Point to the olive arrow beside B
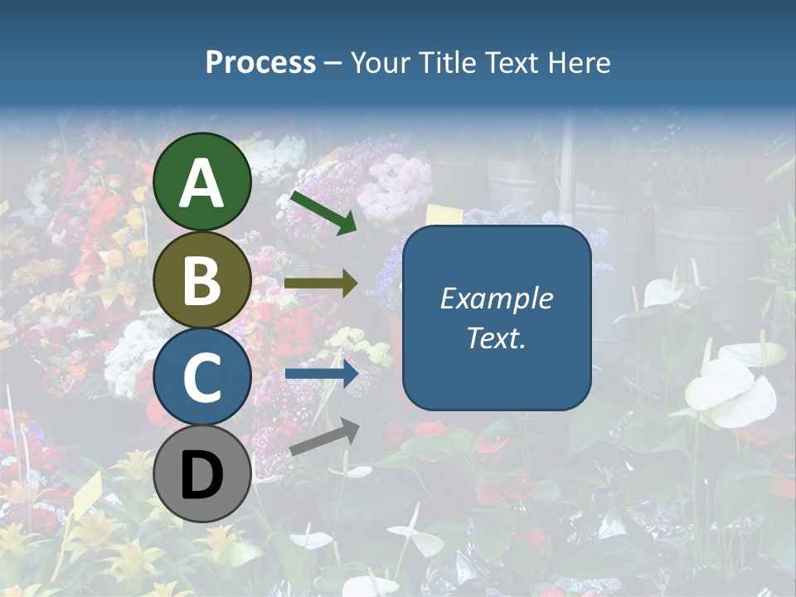pyautogui.click(x=321, y=284)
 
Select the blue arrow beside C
pyautogui.click(x=322, y=374)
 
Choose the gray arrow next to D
pyautogui.click(x=324, y=437)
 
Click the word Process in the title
pyautogui.click(x=260, y=62)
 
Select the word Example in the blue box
pyautogui.click(x=496, y=298)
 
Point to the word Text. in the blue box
pyautogui.click(x=496, y=338)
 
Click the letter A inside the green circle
pyautogui.click(x=202, y=183)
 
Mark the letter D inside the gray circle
pyautogui.click(x=202, y=476)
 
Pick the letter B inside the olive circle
pyautogui.click(x=202, y=281)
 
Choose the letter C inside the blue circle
pyautogui.click(x=202, y=378)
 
